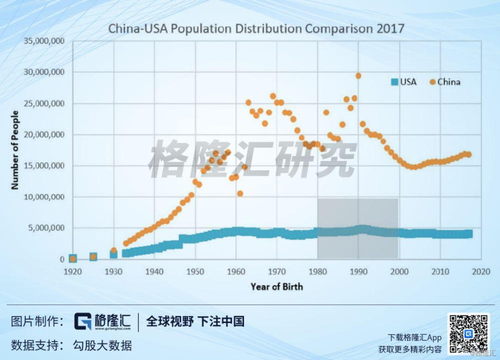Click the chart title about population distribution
tap(256, 28)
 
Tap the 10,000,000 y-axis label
tap(45, 197)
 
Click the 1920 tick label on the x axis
tap(72, 271)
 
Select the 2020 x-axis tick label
tap(481, 271)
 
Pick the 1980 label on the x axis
tap(317, 271)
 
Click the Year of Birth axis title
tap(276, 286)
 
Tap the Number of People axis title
tap(15, 150)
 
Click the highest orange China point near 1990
tap(358, 75)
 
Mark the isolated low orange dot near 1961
tap(240, 193)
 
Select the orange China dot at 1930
tap(113, 250)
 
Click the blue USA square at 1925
tap(93, 257)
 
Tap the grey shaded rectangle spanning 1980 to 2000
tap(357, 215)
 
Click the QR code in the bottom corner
tap(468, 333)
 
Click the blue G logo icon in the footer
tap(82, 321)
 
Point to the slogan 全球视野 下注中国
tap(195, 321)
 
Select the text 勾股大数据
tap(102, 345)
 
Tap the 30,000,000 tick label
tap(45, 72)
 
